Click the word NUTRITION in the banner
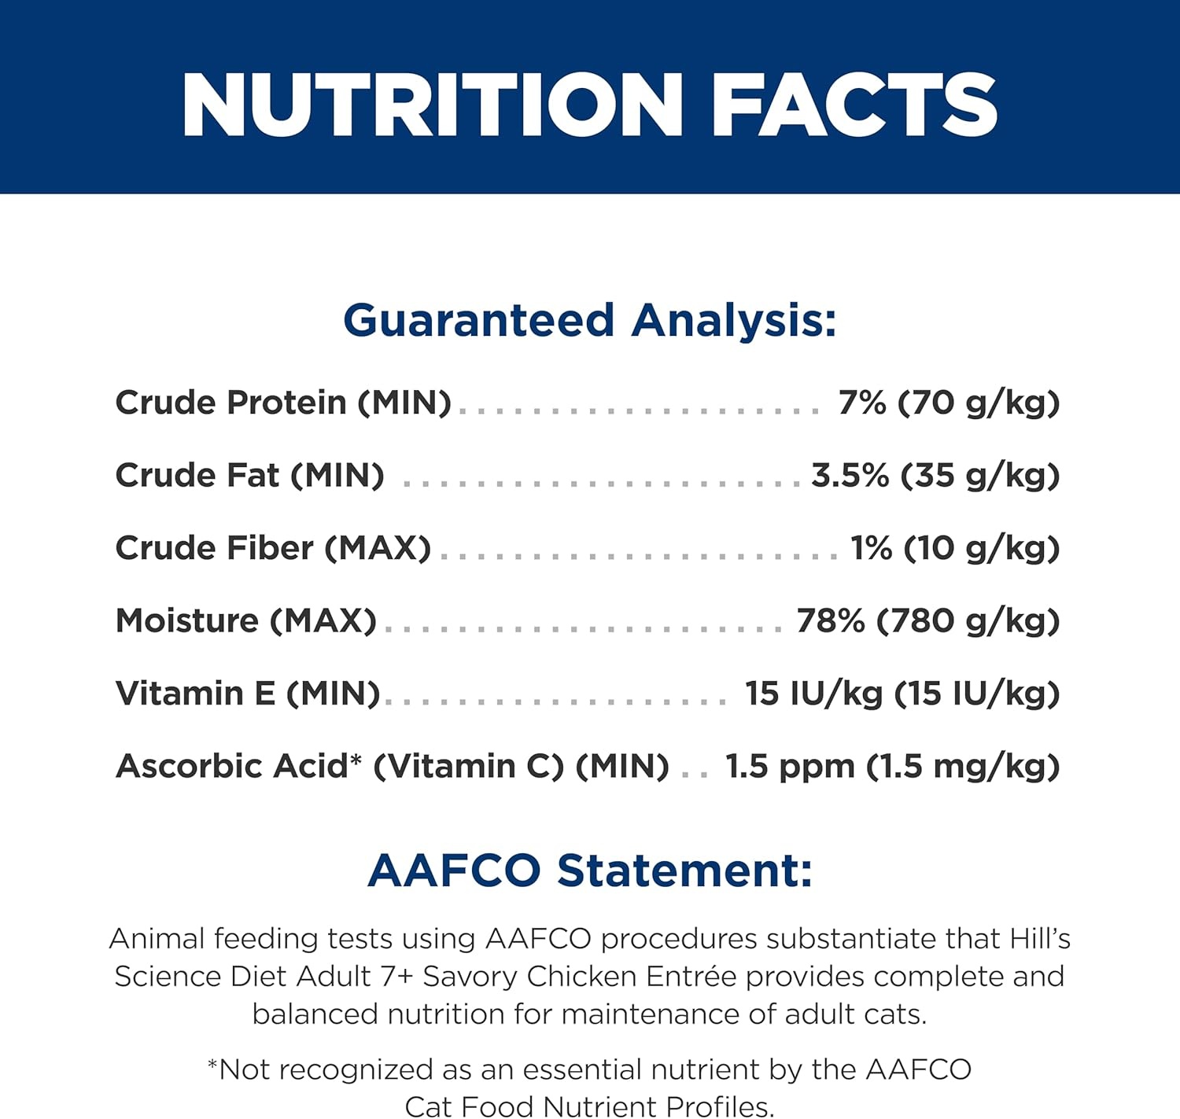pyautogui.click(x=433, y=105)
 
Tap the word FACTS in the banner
pyautogui.click(x=854, y=105)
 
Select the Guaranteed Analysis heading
pyautogui.click(x=589, y=322)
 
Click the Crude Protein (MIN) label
pyautogui.click(x=283, y=403)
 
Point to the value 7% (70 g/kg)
pyautogui.click(x=949, y=403)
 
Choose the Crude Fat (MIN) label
pyautogui.click(x=249, y=476)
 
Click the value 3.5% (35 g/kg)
pyautogui.click(x=935, y=476)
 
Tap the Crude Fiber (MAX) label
pyautogui.click(x=273, y=548)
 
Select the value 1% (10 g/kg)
pyautogui.click(x=956, y=548)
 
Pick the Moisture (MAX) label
pyautogui.click(x=246, y=621)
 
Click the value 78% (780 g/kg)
pyautogui.click(x=928, y=621)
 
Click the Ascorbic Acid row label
pyautogui.click(x=392, y=767)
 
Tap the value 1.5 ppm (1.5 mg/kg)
pyautogui.click(x=893, y=767)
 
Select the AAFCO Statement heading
pyautogui.click(x=589, y=871)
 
